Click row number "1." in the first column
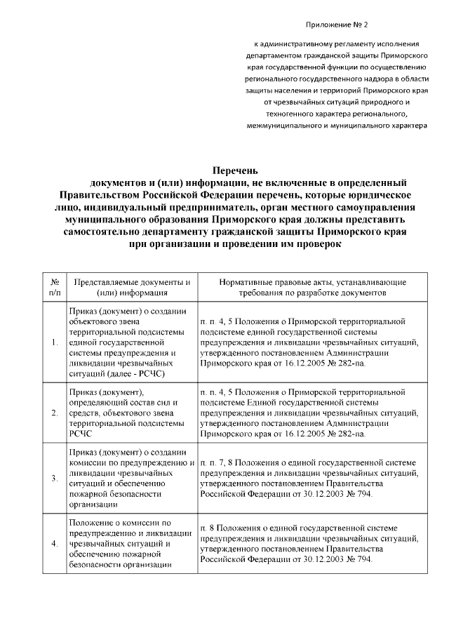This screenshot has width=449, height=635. coord(55,342)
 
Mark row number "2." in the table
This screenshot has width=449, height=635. coord(55,413)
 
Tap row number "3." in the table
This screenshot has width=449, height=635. coord(55,478)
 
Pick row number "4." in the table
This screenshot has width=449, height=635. coord(55,544)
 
